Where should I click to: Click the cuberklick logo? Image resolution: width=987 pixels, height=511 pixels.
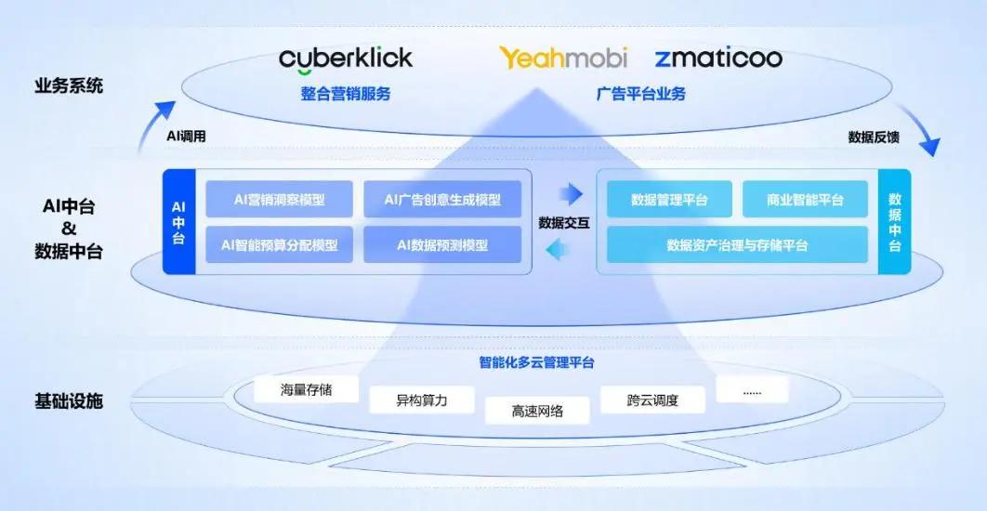click(345, 59)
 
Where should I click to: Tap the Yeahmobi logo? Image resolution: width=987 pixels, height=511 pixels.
click(563, 58)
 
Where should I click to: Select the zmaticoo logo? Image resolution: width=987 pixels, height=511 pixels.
click(717, 59)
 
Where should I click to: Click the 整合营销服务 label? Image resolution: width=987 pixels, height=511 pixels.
click(346, 94)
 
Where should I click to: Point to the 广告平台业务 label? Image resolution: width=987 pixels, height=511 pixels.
click(641, 94)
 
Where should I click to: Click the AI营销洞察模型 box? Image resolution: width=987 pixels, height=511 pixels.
click(280, 199)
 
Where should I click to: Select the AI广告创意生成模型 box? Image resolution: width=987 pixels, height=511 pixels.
click(442, 199)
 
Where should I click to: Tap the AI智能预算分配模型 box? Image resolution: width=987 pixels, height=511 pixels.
click(280, 245)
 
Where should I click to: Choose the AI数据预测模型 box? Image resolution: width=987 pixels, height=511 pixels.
click(442, 245)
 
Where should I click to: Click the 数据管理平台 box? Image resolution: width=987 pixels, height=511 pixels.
click(669, 200)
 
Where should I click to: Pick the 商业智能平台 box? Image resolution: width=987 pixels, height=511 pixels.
click(805, 200)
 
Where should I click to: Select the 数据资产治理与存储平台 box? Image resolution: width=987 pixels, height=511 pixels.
click(737, 245)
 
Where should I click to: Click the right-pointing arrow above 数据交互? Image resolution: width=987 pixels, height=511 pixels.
click(570, 194)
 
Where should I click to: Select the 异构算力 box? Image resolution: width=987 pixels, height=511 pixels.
click(422, 400)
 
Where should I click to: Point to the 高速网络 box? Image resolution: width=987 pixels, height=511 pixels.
click(537, 410)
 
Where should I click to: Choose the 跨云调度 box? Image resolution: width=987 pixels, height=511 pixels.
click(652, 400)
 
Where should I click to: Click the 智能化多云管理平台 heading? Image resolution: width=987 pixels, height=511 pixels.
click(537, 362)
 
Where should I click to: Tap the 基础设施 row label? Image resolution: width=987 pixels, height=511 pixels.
click(69, 402)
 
